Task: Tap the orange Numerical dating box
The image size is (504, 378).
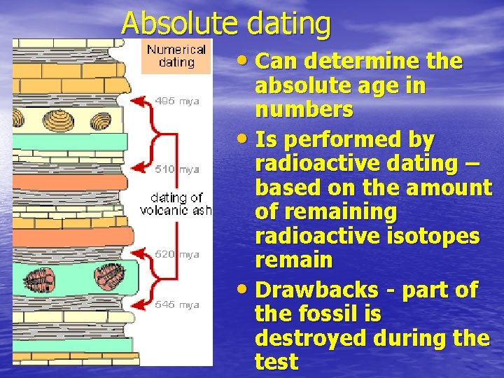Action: [x=176, y=56]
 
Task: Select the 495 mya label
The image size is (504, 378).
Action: [x=178, y=101]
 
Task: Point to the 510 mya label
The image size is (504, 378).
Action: [x=178, y=169]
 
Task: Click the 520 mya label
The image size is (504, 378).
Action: [x=178, y=255]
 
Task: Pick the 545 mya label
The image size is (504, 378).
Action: [x=178, y=304]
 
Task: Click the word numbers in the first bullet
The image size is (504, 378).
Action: [x=304, y=111]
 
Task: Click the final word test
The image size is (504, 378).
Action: [x=276, y=362]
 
